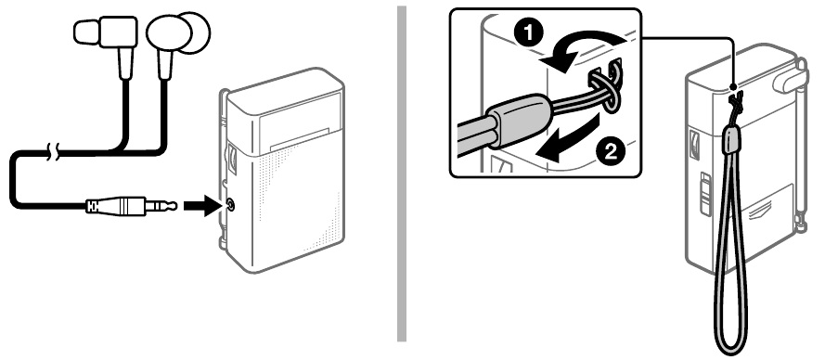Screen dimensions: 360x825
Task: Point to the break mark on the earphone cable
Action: pos(52,149)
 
